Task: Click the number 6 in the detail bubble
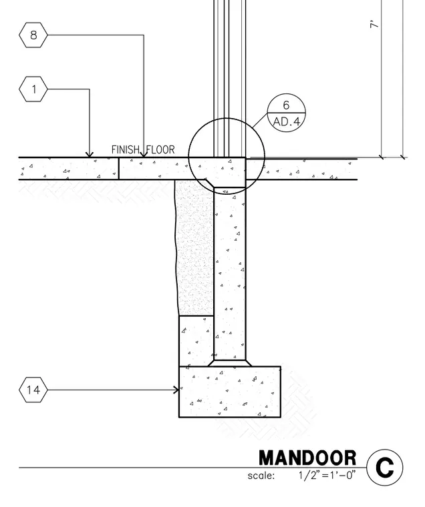point(286,105)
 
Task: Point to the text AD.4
point(287,122)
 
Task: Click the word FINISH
point(126,149)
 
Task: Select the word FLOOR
point(160,149)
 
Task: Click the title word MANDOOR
point(307,458)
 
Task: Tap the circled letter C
point(385,468)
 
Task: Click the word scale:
point(261,476)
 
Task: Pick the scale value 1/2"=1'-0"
point(327,475)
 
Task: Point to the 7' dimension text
point(374,25)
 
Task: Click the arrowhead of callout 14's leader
point(176,390)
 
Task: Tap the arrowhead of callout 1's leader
point(90,155)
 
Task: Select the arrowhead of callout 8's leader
point(144,155)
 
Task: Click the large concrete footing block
point(230,392)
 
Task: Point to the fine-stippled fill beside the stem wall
point(194,247)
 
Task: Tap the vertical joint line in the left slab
point(118,169)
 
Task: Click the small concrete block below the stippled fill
point(196,341)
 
